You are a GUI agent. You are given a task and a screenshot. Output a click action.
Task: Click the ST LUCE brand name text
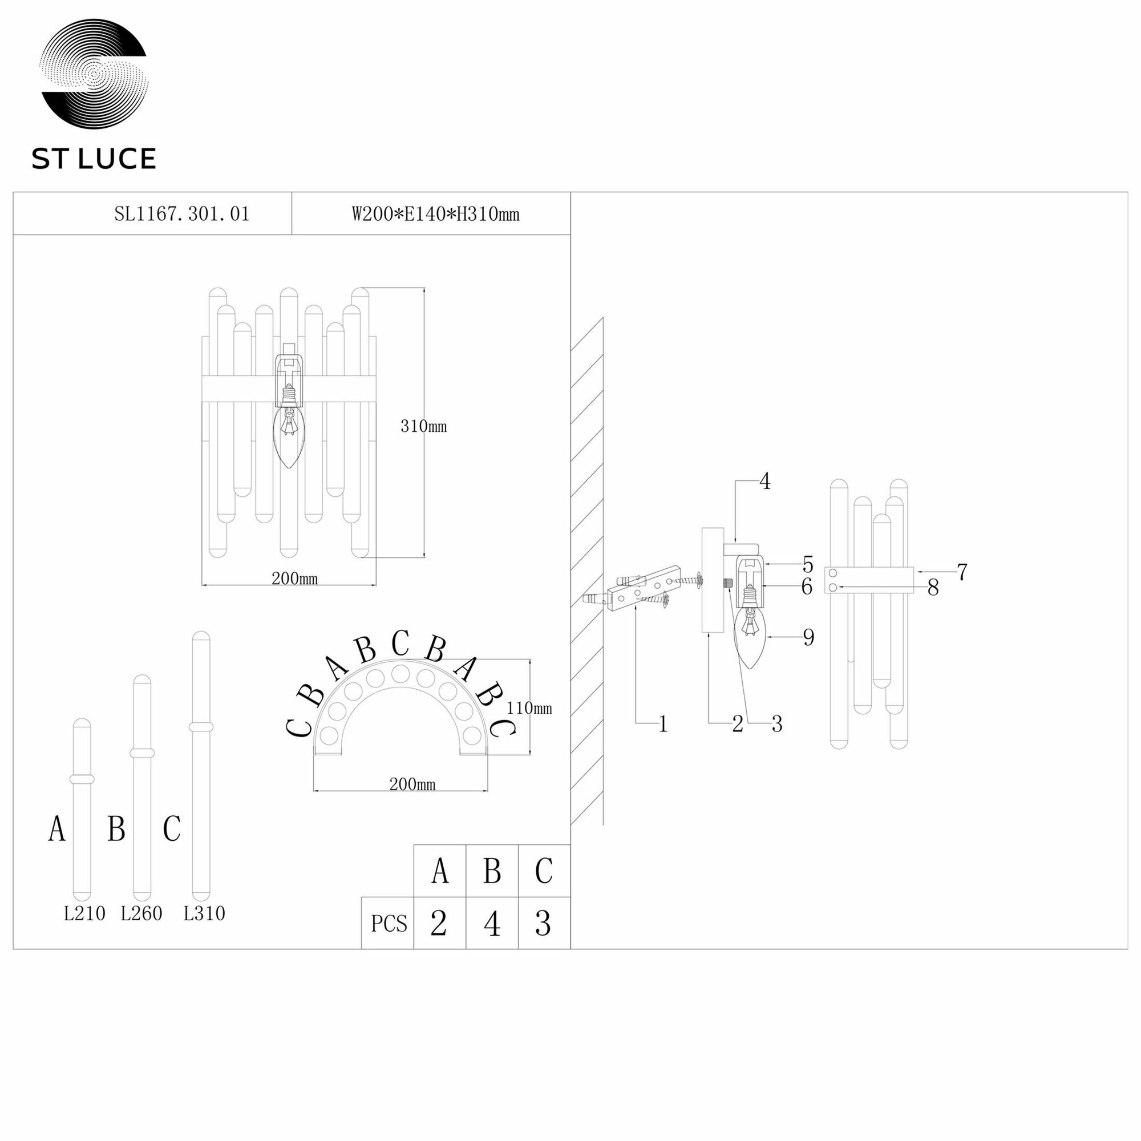coord(94,159)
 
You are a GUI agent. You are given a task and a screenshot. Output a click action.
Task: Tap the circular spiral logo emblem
coord(94,73)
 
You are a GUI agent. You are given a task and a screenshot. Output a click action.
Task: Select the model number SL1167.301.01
coord(182,214)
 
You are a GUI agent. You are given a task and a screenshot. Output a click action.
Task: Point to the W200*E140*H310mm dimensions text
coord(435,214)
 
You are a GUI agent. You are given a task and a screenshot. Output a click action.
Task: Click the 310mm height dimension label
coord(423,426)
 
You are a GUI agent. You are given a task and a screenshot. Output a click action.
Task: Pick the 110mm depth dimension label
coord(529,708)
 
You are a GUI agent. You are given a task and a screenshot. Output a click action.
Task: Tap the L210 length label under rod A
coord(84,913)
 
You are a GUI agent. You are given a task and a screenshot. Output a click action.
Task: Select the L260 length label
coord(141,913)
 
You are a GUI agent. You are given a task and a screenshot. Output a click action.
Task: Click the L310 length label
coord(204,913)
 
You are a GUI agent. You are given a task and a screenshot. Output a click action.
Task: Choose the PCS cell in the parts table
coord(389,924)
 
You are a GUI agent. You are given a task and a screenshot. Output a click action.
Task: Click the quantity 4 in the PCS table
coord(492,924)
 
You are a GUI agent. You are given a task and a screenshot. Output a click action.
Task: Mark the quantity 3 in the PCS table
coord(543,924)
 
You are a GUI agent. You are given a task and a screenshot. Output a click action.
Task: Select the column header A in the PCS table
coord(440,871)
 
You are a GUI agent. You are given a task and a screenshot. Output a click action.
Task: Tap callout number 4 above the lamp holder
coord(765,482)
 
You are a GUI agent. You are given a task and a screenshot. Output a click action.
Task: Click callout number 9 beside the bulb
coord(808,637)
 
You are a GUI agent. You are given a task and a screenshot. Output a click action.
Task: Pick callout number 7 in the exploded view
coord(962,572)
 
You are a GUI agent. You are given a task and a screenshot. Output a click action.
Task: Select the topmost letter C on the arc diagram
coord(400,644)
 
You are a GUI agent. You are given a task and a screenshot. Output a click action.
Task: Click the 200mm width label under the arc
coord(412,784)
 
